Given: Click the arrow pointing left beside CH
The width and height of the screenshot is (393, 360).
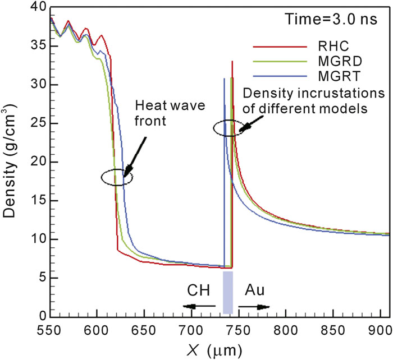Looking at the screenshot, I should (x=199, y=306).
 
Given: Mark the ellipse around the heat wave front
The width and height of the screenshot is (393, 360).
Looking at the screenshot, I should (x=117, y=178).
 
